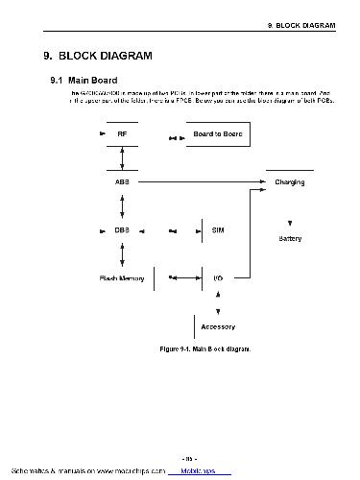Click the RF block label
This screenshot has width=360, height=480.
pos(122,134)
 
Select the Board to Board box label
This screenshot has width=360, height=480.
pos(217,134)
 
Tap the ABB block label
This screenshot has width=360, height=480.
pos(122,181)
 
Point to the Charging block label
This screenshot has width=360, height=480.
pos(290,181)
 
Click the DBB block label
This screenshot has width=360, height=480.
pos(122,230)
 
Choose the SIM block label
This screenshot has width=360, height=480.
pos(218,230)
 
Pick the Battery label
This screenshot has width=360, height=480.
pos(290,239)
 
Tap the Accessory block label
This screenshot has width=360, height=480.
pos(218,326)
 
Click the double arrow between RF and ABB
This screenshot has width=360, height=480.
pos(122,158)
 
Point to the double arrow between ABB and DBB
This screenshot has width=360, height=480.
pos(122,205)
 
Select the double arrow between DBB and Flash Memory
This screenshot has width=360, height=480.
pos(122,253)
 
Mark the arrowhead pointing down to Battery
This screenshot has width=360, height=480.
pos(290,223)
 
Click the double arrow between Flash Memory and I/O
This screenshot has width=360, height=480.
pos(174,277)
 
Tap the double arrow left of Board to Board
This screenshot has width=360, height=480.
pos(174,137)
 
